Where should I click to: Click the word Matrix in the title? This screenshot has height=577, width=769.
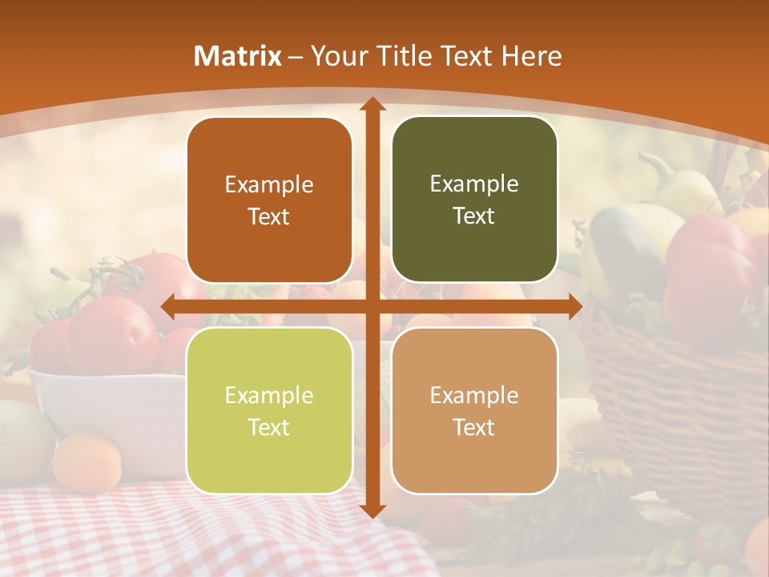pos(238,56)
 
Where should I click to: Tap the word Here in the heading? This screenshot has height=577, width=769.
pos(532,56)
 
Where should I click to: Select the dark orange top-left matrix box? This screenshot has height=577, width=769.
pos(269,200)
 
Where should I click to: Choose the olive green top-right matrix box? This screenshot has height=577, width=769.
pos(474,200)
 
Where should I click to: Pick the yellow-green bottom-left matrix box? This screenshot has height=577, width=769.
pos(269,410)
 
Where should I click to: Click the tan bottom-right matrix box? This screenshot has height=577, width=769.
pos(474,410)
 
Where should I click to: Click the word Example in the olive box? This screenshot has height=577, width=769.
pos(474,184)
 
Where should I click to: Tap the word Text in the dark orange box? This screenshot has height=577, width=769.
pos(269,217)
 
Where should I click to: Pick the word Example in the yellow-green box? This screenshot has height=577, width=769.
pos(269,395)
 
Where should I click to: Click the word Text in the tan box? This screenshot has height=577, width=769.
pos(474,428)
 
